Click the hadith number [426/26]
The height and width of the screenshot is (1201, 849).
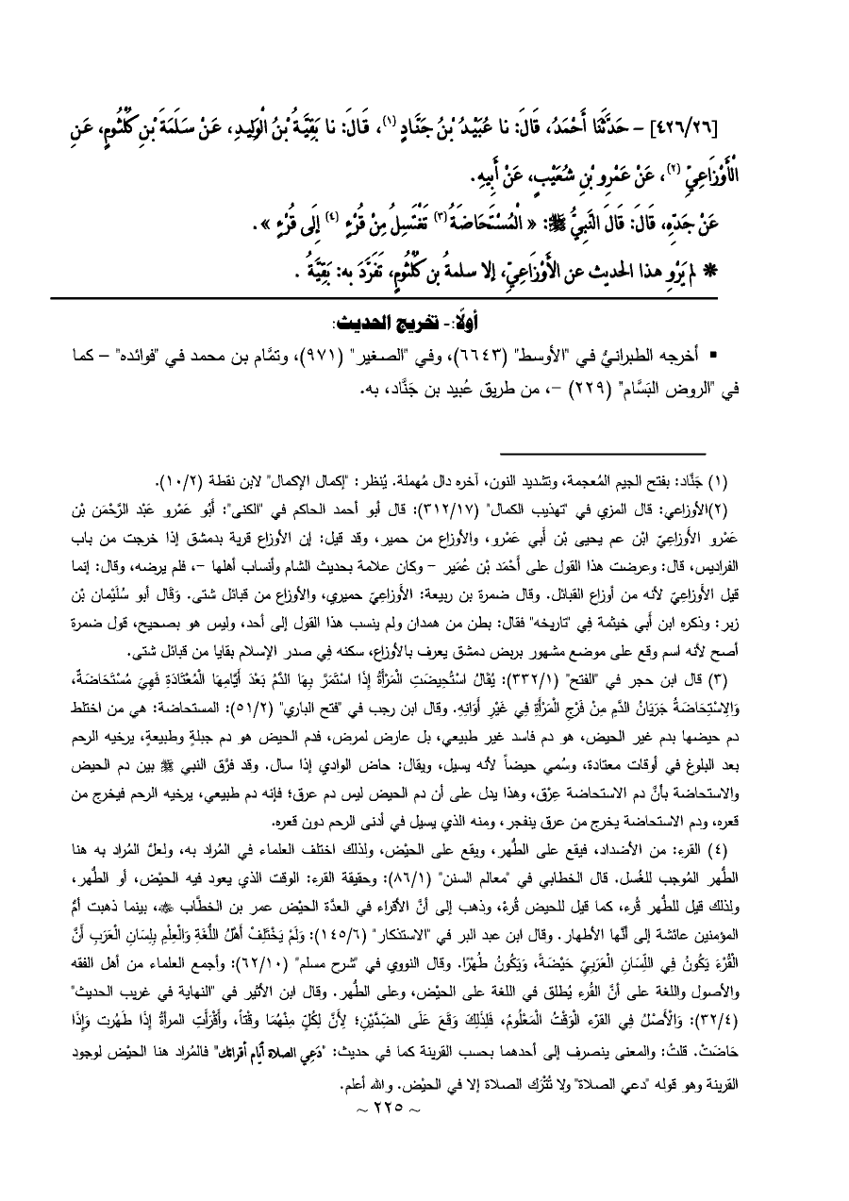coord(776,124)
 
